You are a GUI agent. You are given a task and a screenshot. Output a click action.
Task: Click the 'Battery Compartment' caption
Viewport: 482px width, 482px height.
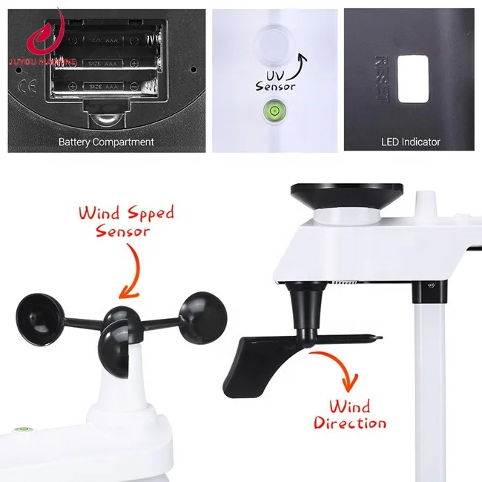click(107, 142)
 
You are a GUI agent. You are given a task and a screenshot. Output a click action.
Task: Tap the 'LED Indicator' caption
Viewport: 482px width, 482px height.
click(410, 142)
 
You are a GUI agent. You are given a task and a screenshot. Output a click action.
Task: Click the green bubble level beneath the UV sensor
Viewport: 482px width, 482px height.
click(274, 113)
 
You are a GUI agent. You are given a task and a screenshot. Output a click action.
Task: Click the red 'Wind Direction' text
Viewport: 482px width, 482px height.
click(349, 415)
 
